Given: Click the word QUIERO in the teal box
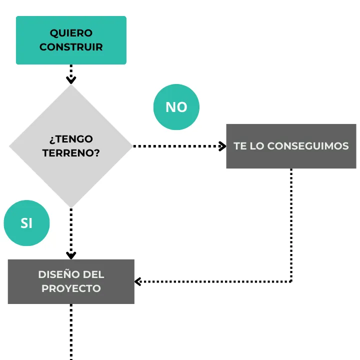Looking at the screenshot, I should [x=71, y=33].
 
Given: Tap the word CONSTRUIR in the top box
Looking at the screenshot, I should [x=71, y=47].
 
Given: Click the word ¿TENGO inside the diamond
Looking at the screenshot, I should [x=71, y=139].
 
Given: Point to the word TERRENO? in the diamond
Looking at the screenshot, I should [x=71, y=153].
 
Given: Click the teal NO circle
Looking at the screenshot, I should [x=176, y=107].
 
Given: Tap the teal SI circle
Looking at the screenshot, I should [x=26, y=223].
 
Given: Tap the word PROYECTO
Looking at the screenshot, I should [x=71, y=288].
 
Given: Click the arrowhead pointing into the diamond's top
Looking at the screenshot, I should [x=71, y=80].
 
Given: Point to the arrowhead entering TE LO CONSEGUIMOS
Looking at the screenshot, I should [x=222, y=146].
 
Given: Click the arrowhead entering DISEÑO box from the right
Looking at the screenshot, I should [x=138, y=281].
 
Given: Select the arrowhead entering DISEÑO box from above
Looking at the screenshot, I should [x=71, y=255].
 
